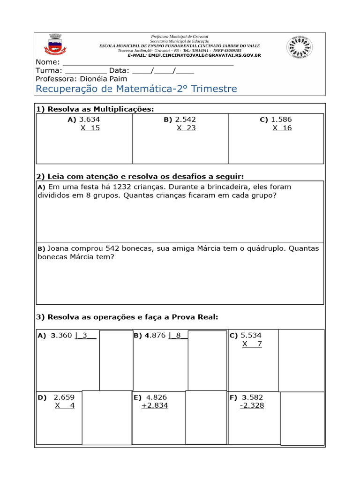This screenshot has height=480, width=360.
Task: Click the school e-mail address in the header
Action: (x=204, y=55)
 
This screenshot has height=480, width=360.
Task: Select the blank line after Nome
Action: (x=148, y=63)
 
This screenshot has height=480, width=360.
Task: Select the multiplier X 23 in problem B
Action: (x=186, y=128)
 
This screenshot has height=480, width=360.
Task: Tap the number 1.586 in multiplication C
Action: (x=281, y=120)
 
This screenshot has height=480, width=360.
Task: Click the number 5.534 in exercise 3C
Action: (x=251, y=336)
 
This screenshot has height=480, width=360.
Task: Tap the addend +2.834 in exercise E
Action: (x=155, y=405)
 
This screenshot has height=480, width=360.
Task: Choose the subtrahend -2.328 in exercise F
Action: (x=252, y=405)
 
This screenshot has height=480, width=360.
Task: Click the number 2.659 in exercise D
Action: (x=64, y=397)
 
